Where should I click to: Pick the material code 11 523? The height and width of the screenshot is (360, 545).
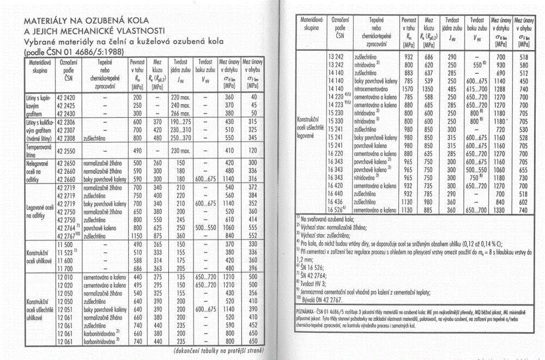tap(66, 253)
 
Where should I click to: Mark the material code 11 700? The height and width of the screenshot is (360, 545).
tap(65, 269)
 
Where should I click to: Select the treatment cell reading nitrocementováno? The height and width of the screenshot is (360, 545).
tap(376, 88)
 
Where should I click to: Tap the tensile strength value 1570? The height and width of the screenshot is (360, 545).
tap(408, 88)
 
